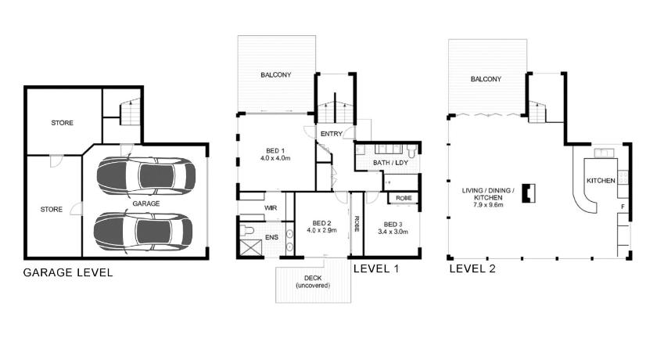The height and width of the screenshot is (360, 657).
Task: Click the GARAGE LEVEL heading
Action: [68, 273]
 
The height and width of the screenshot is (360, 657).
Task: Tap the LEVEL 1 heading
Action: [376, 269]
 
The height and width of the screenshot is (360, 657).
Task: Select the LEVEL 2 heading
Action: [472, 269]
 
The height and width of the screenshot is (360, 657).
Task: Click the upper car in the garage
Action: [145, 175]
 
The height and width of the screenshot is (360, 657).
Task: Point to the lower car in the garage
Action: [143, 232]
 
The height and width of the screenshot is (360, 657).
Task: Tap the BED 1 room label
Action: [275, 154]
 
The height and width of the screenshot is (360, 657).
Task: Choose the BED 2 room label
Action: [321, 227]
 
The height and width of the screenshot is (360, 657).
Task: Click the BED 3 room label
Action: [393, 228]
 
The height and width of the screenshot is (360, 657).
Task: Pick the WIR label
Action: [271, 208]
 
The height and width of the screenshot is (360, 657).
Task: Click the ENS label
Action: [271, 237]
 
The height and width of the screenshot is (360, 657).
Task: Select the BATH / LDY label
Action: [390, 163]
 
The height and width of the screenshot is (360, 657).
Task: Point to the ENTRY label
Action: [332, 134]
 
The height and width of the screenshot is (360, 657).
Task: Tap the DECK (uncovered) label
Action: [313, 282]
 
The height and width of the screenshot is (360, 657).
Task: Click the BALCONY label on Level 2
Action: [486, 79]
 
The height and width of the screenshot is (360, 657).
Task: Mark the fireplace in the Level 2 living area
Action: [529, 193]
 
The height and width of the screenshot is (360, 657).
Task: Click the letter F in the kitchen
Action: [623, 207]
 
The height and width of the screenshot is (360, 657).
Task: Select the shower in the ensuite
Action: [250, 247]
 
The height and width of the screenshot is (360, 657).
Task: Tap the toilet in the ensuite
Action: [247, 230]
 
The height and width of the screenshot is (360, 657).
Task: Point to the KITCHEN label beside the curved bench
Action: [601, 181]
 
